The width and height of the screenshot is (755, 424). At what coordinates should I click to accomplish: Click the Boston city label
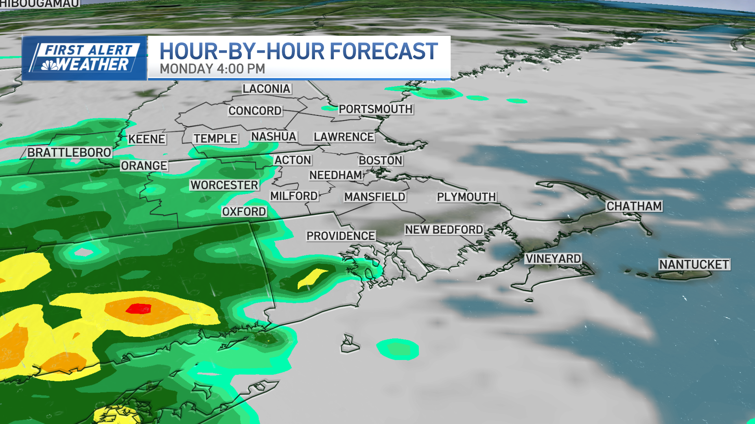380,161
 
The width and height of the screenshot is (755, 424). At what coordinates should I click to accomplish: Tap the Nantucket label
694,265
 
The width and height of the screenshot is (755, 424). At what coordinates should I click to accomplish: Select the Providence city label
341,236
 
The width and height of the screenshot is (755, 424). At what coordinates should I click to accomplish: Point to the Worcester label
224,185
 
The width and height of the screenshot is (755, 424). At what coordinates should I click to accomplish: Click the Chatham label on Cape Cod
634,206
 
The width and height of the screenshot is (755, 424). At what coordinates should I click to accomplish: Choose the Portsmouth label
376,109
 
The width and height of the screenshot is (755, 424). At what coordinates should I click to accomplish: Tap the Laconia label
266,89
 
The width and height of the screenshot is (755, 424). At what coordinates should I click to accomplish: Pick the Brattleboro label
69,152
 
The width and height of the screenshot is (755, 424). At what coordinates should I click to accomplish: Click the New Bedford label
444,230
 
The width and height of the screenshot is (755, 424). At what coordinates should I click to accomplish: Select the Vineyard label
553,259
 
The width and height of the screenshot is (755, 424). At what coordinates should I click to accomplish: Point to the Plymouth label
466,197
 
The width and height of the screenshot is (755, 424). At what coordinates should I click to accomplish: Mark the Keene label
147,139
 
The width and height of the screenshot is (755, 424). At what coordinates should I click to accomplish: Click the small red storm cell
138,309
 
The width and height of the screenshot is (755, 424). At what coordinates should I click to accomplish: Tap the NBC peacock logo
50,65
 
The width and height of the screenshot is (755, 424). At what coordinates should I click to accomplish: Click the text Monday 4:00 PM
212,69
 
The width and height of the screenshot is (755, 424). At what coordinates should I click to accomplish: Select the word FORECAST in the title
383,51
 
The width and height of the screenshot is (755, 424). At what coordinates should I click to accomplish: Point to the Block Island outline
349,344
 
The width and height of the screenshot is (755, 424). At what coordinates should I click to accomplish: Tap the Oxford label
244,212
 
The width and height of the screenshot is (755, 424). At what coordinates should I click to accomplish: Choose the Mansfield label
375,197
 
